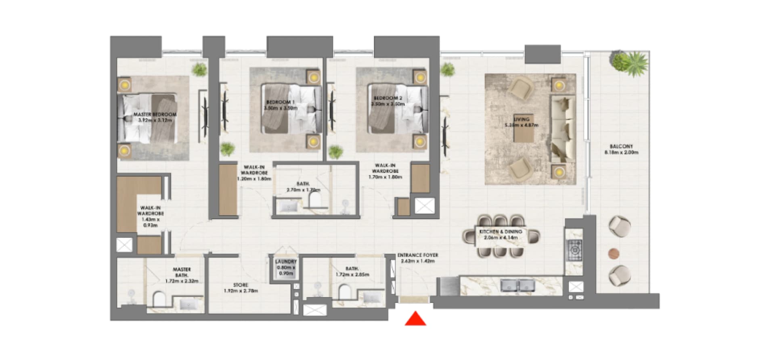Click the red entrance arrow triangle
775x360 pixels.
coord(415,319)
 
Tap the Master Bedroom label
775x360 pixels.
coord(155,115)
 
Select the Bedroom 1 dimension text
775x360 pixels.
coord(281,108)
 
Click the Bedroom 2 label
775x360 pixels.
coord(387,98)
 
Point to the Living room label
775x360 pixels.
coord(522,119)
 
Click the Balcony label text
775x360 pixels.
coord(621,147)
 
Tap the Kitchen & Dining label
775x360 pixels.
coord(501,232)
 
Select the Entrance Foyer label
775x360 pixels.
coord(417,255)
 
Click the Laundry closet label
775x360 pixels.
coord(286,262)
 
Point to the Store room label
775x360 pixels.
coord(241,285)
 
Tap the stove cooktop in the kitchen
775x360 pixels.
coord(574,250)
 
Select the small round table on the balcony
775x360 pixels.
coord(614,253)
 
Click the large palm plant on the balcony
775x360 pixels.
coord(630,63)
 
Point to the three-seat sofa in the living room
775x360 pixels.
coord(563,130)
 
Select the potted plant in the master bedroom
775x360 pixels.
coord(199,69)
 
